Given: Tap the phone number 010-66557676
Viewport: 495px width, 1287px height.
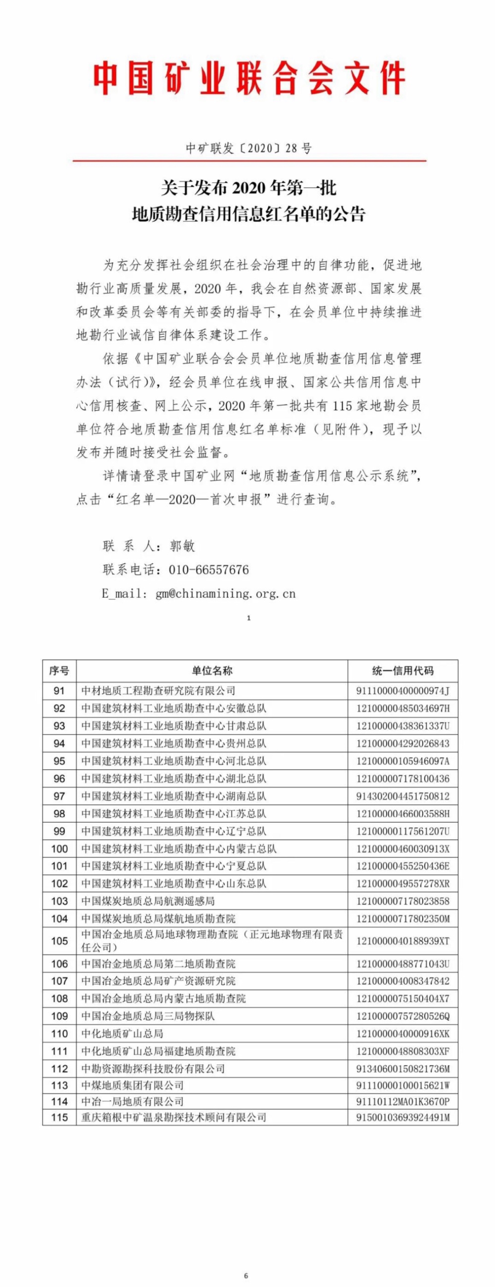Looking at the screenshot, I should (x=208, y=570).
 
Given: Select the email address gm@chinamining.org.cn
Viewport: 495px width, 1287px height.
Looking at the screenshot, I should (x=226, y=593).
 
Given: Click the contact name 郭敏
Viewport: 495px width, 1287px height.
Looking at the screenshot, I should (x=182, y=546).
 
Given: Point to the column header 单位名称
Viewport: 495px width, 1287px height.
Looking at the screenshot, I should (x=211, y=670).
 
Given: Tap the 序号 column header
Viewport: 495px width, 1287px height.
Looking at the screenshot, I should (x=59, y=670).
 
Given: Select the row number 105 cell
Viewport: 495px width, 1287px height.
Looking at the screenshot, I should (x=59, y=941).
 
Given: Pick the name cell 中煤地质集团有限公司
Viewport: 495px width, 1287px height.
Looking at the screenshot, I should (x=133, y=1085).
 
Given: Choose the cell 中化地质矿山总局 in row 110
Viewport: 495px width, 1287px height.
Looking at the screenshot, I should (x=122, y=1033).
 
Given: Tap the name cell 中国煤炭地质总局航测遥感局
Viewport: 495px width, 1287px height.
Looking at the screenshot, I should (x=148, y=901).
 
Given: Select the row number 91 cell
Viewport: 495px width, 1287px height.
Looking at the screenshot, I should (x=59, y=691).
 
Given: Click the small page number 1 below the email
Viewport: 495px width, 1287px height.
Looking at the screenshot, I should (x=248, y=618).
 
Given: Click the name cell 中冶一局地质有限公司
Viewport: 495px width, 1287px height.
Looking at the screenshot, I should (x=133, y=1101).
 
